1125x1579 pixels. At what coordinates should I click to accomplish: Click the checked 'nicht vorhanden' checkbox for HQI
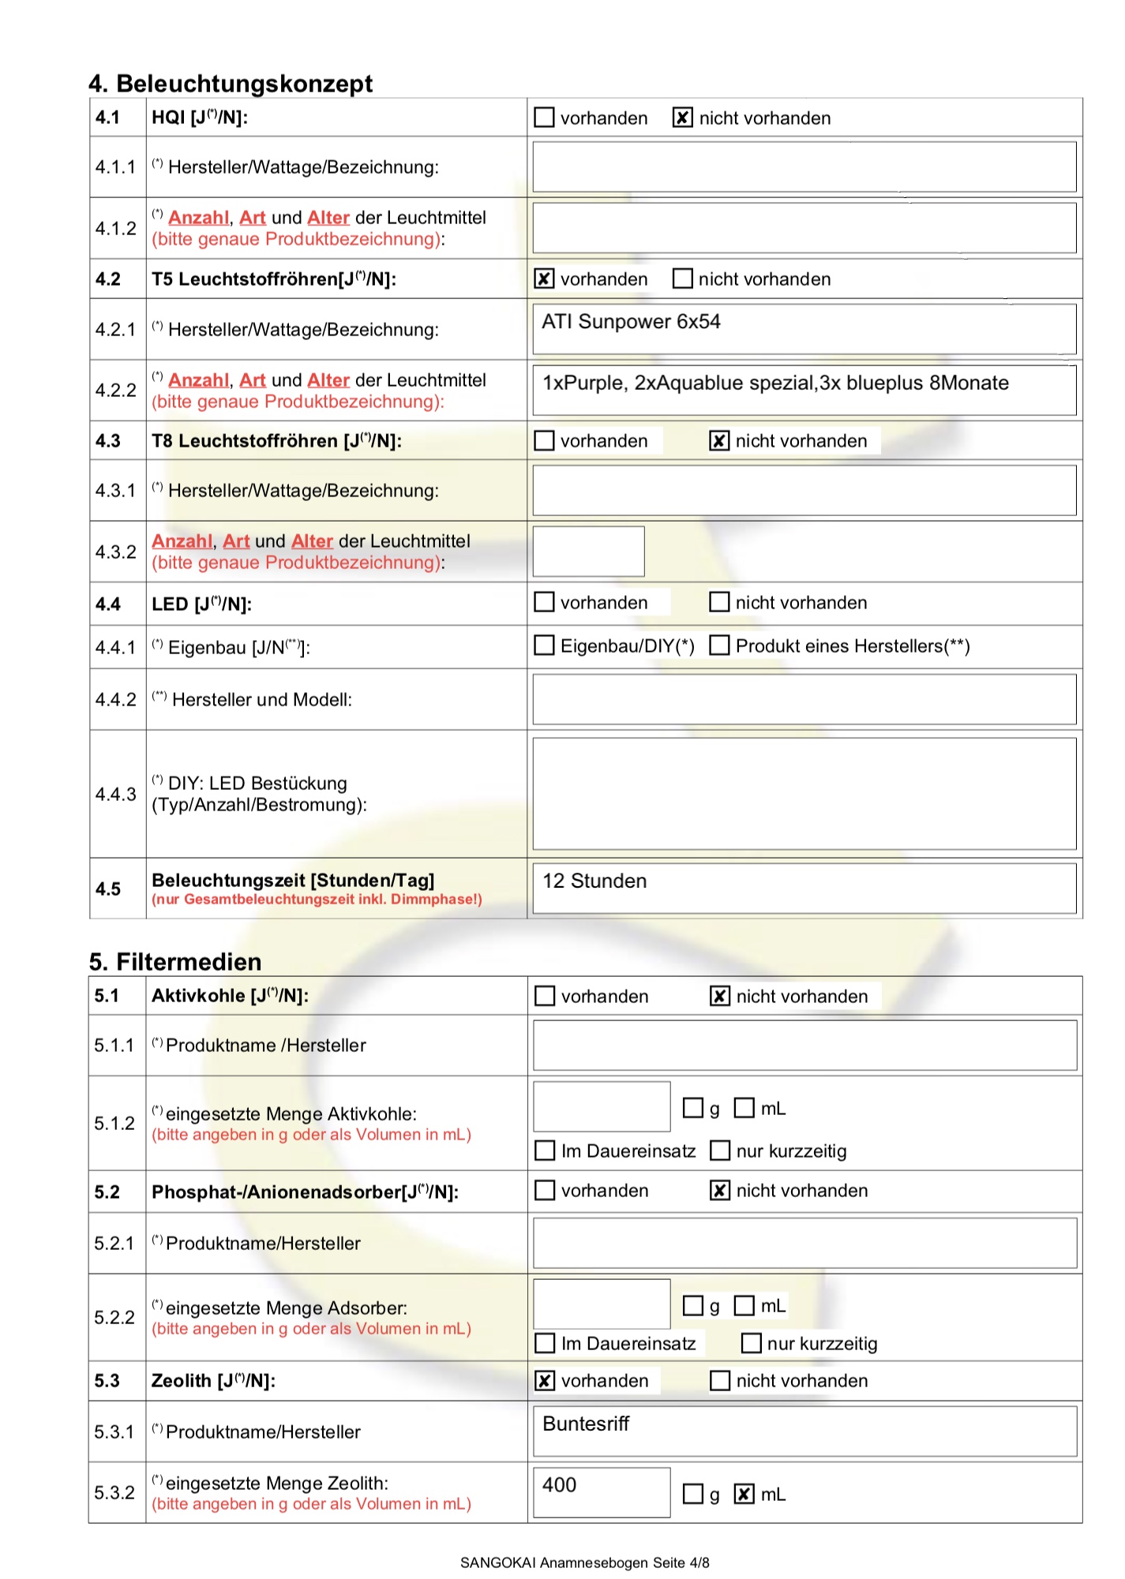point(682,118)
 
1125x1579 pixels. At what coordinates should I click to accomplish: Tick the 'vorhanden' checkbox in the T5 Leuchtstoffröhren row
point(544,279)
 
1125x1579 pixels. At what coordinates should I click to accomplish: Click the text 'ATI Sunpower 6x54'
point(631,322)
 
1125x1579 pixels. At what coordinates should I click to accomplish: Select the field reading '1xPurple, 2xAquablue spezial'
point(775,384)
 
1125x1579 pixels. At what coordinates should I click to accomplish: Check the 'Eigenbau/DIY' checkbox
point(544,645)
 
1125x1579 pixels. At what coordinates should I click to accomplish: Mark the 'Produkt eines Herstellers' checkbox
point(719,645)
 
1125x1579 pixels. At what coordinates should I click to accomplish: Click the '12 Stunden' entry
point(594,881)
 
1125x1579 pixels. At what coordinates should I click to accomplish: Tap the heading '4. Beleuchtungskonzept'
point(231,84)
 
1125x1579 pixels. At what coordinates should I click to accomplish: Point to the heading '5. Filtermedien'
point(175,962)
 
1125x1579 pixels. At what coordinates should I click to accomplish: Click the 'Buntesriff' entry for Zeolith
point(586,1424)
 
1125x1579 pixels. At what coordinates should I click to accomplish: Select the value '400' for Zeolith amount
point(560,1485)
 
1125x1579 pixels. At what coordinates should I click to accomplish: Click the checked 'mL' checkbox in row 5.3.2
point(744,1494)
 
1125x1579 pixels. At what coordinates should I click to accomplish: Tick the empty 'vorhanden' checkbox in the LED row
point(544,602)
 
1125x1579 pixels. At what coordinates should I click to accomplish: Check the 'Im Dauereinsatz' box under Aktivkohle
point(545,1151)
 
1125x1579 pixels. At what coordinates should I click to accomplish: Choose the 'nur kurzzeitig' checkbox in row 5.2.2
point(751,1343)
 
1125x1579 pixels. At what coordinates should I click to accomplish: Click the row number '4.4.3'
point(116,794)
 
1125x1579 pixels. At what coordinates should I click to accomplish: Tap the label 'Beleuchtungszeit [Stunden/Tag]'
point(293,881)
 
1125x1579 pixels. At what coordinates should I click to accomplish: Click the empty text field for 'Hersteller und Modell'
point(804,699)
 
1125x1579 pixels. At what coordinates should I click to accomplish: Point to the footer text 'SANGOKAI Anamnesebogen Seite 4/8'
point(584,1562)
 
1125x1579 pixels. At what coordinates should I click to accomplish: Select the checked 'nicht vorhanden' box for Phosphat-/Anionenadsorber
point(719,1190)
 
